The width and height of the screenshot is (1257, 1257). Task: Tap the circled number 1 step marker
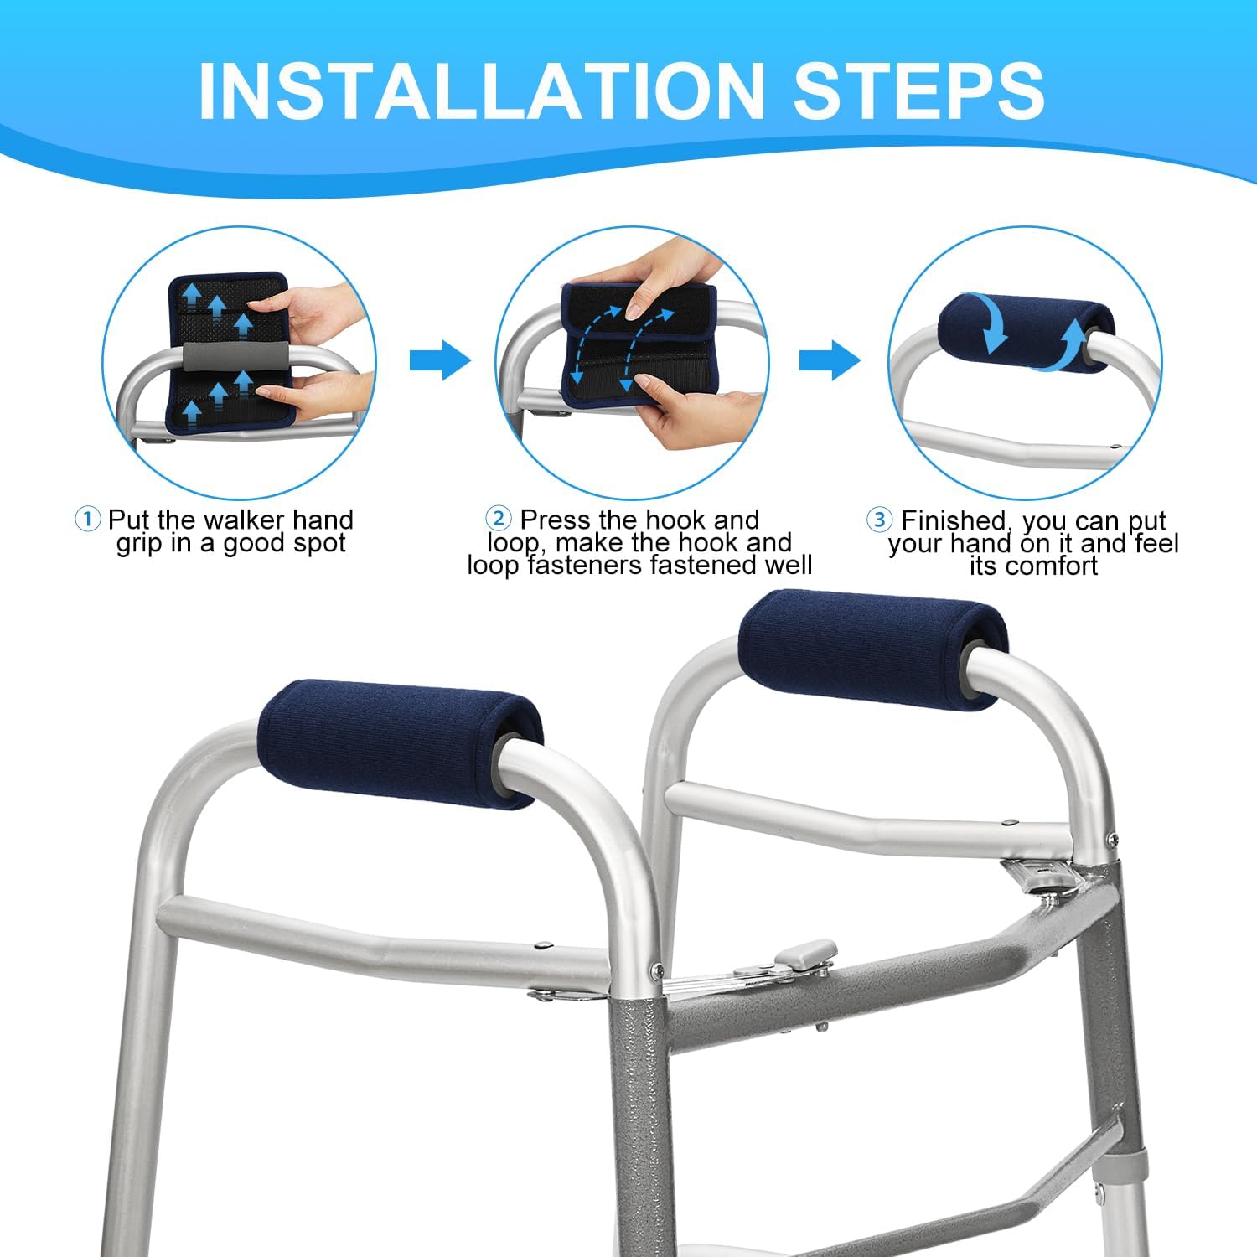(x=87, y=520)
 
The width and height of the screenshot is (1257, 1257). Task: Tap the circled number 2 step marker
(x=499, y=519)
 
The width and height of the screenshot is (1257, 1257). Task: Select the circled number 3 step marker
(x=879, y=520)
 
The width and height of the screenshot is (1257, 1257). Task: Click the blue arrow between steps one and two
(x=440, y=361)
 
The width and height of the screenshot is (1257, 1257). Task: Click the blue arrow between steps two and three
(x=830, y=361)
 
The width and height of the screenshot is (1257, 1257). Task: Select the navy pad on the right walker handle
(x=872, y=650)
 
